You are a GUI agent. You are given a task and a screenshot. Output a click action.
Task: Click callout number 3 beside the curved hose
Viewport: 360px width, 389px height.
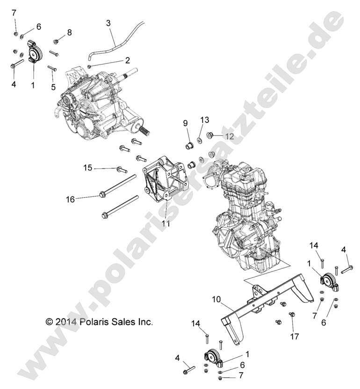point(108,22)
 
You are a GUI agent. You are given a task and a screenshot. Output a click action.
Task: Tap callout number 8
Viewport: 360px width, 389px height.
point(69,32)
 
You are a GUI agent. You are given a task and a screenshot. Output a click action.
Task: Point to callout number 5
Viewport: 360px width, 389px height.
point(53,86)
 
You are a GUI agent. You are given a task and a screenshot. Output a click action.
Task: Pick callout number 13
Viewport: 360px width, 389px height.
point(202,120)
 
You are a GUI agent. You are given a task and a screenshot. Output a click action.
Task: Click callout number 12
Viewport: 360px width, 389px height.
point(229,136)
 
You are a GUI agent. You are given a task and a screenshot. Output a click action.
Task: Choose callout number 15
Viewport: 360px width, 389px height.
point(87,167)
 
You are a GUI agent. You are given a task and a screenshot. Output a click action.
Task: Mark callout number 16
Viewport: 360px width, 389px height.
point(70,199)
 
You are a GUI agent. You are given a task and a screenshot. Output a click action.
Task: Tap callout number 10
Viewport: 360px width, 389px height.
point(216,298)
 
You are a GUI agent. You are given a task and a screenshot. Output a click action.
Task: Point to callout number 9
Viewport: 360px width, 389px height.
point(185,123)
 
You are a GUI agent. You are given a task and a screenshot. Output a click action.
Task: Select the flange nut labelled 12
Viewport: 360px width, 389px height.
point(210,136)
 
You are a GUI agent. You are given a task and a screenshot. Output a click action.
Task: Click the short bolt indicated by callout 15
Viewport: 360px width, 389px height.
point(122,169)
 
